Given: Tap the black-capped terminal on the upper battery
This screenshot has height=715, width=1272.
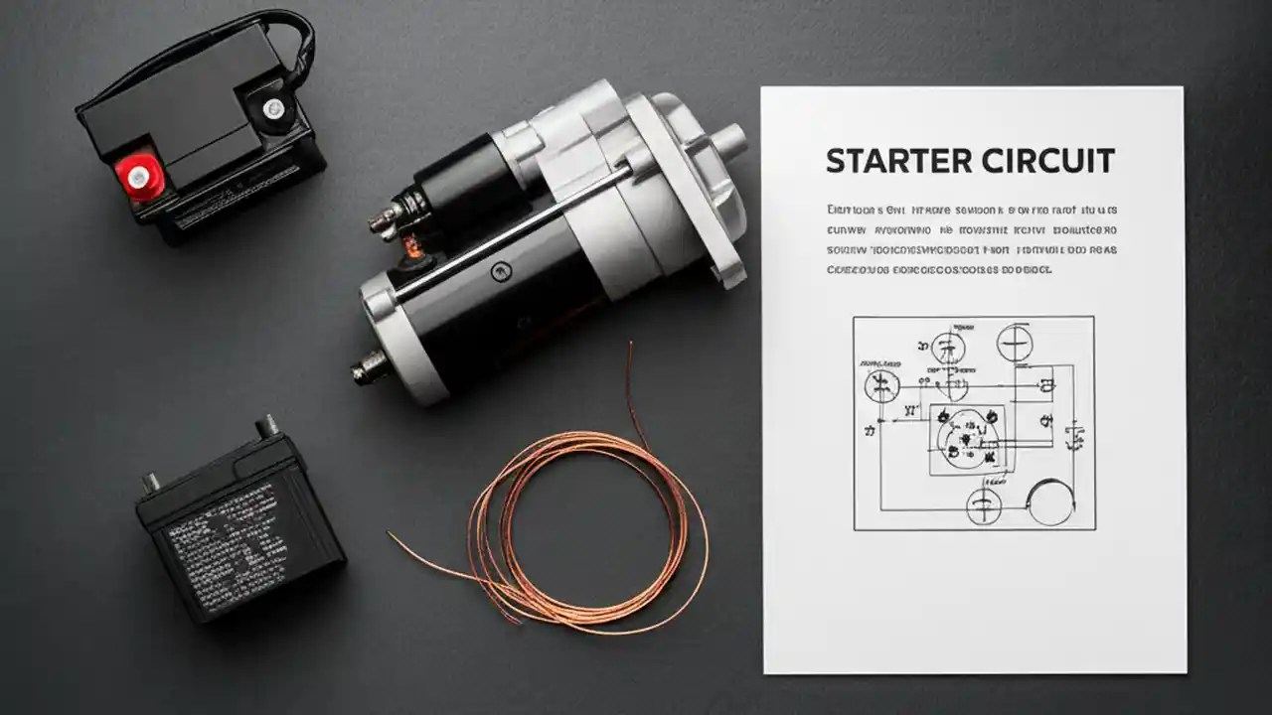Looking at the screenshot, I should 271,106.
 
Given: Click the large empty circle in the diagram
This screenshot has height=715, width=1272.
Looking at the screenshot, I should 1050,501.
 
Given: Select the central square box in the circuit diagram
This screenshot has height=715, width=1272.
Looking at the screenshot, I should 967,439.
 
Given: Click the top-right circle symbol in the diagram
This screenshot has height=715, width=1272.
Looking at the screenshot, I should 1015,344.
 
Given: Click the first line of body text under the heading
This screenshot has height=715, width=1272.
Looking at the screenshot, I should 972,211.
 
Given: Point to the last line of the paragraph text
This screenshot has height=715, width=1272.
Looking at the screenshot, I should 939,269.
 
